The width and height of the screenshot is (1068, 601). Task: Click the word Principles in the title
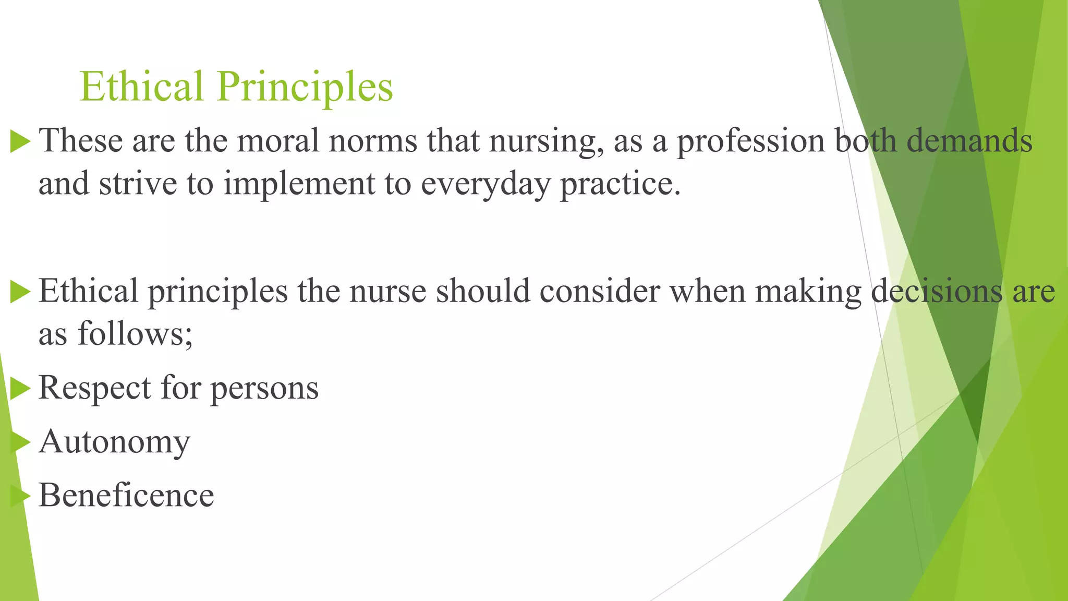pos(305,87)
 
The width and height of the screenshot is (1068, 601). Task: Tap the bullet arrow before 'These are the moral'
pos(20,141)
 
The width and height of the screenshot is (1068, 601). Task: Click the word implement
pos(299,185)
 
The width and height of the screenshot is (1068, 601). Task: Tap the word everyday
pos(485,185)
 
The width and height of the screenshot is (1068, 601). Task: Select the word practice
pos(620,185)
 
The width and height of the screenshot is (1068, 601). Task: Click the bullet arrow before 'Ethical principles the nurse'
pos(20,292)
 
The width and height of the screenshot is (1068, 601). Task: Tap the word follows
pos(135,334)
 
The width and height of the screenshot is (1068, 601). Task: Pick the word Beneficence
pos(126,496)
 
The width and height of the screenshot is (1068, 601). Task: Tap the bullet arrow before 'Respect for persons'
pos(20,389)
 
